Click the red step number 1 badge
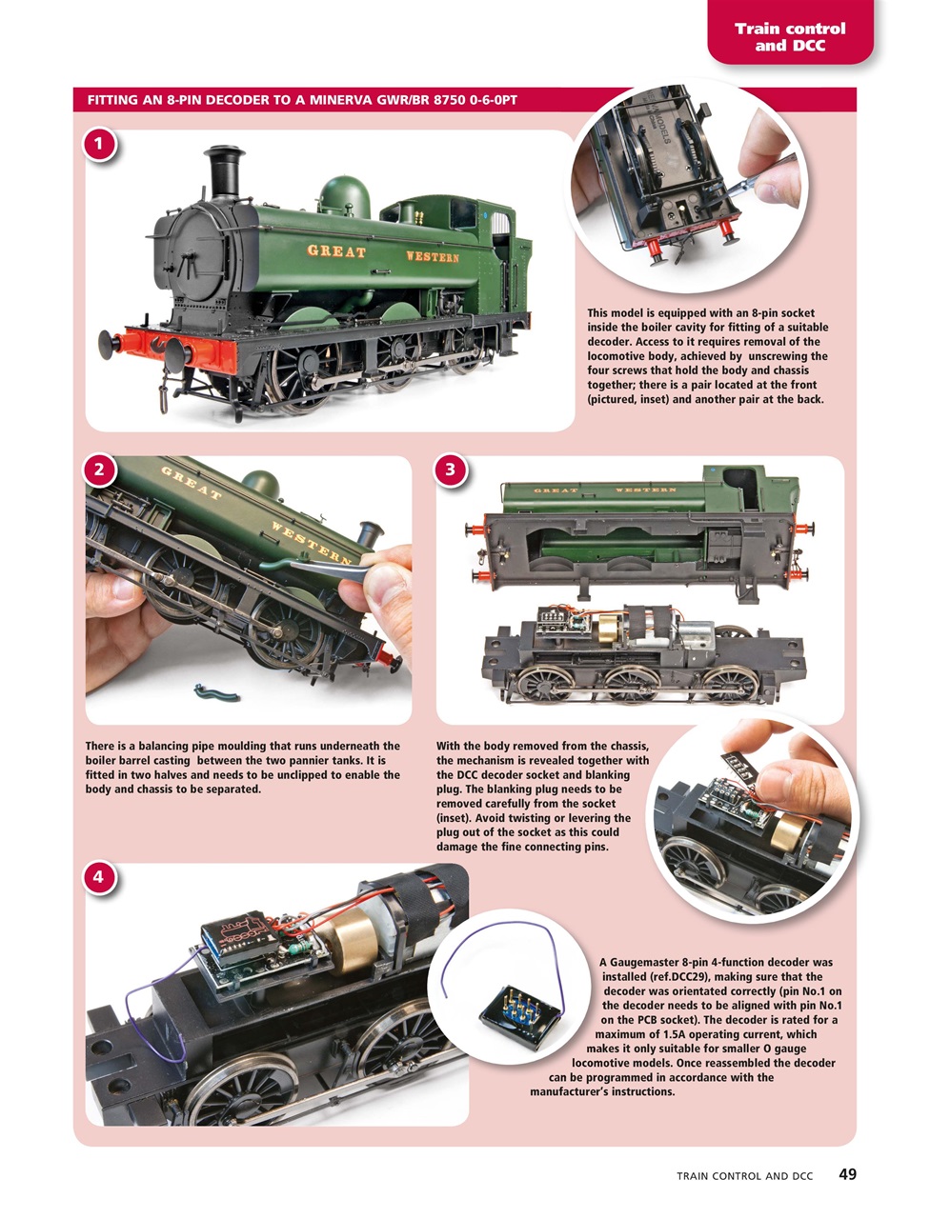98,145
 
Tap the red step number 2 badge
98,469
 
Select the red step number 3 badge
450,469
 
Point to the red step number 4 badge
98,877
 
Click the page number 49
847,1174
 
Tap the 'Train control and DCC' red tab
789,36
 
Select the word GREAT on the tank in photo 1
335,251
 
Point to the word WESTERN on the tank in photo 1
432,256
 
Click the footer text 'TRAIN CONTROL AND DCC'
744,1176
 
